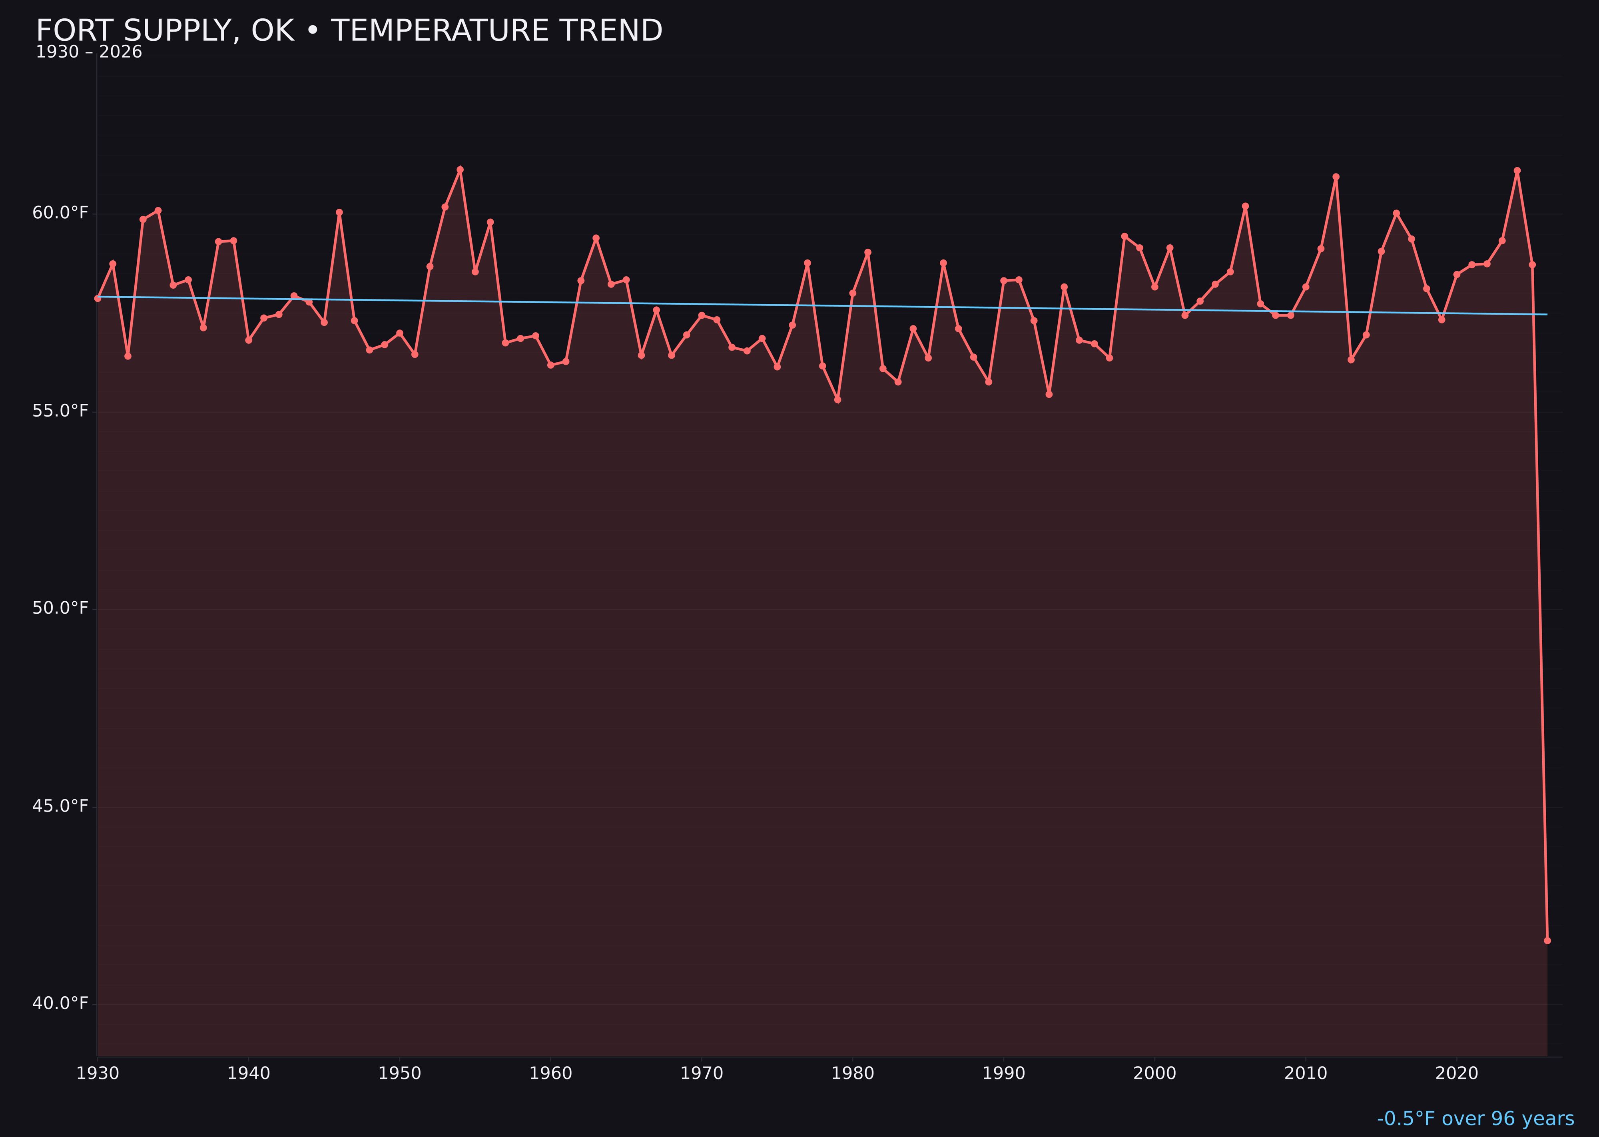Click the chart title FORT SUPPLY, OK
click(349, 31)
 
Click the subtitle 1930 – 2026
click(89, 52)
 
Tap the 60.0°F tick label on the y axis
click(60, 213)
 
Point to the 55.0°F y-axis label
click(60, 411)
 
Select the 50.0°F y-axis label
click(60, 608)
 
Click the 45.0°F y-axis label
click(60, 806)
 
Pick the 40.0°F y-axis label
click(60, 1004)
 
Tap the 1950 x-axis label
click(400, 1074)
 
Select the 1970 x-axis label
click(702, 1074)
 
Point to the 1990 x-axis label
click(1003, 1074)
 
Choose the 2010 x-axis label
click(1306, 1074)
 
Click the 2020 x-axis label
click(1457, 1074)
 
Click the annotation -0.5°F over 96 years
click(1475, 1119)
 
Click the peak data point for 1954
click(460, 170)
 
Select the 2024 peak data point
click(1517, 171)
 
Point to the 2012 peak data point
click(1336, 177)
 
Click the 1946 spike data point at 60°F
click(339, 213)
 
